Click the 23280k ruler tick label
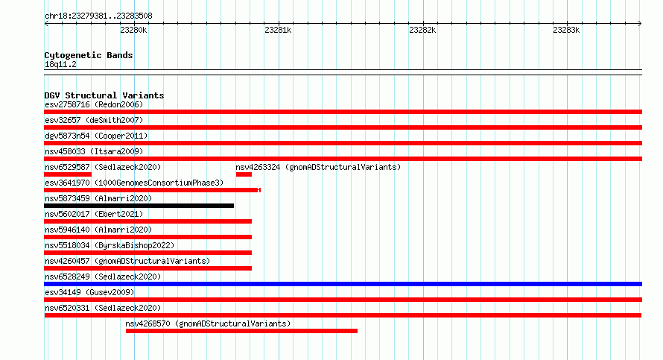(133, 30)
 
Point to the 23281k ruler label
(278, 30)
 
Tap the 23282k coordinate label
(422, 30)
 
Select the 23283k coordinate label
(566, 30)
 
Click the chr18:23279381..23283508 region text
(98, 16)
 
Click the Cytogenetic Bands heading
(89, 55)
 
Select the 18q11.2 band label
(60, 64)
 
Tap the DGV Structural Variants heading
(104, 95)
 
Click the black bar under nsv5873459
(139, 206)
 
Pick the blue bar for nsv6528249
(343, 284)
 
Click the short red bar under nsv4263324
(244, 174)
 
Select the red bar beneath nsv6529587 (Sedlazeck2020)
(68, 174)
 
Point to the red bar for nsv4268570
(241, 331)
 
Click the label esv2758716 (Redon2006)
(94, 104)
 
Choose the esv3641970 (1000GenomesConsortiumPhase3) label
(134, 183)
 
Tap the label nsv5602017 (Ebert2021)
(94, 214)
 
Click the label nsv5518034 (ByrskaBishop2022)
(110, 245)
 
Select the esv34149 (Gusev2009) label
(89, 292)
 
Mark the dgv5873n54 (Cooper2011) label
(96, 136)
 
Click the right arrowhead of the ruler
(640, 24)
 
